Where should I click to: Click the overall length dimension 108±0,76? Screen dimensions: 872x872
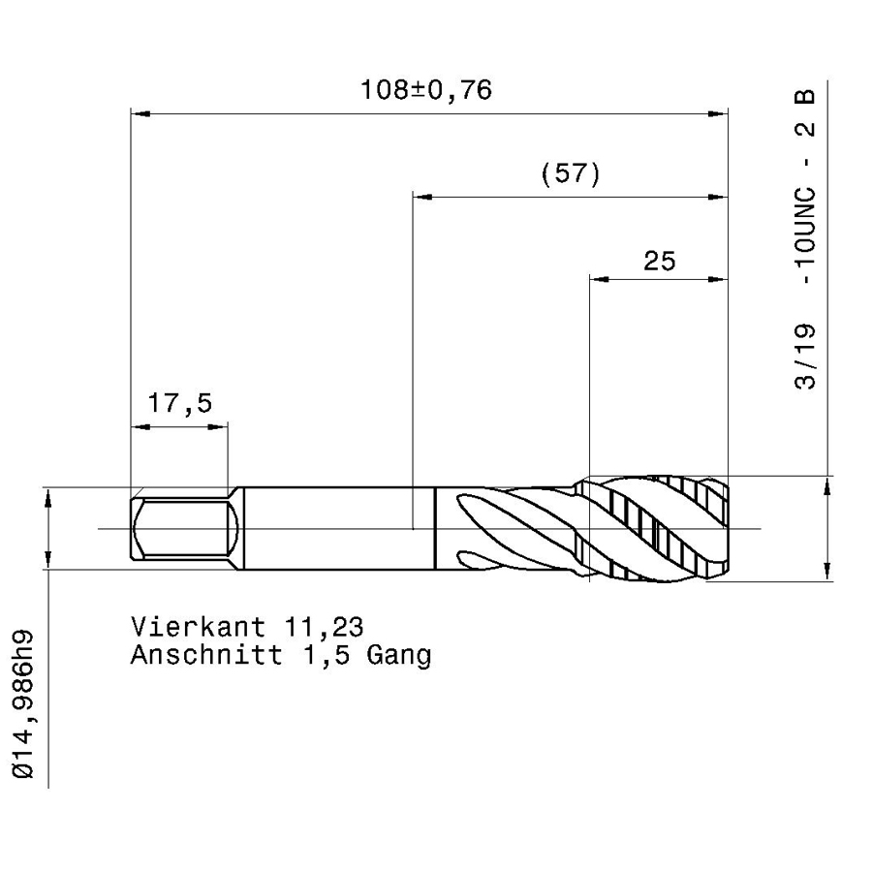coord(426,90)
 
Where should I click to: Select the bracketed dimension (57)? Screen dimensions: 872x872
coord(571,174)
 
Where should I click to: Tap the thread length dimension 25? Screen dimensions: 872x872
coord(660,261)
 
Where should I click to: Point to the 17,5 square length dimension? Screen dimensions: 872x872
coord(179,403)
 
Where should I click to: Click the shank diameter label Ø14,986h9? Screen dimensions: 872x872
coord(23,705)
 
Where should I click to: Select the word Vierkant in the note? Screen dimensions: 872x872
coord(198,627)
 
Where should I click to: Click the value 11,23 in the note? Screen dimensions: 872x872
coord(324,628)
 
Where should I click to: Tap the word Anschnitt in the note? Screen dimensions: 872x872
coord(206,655)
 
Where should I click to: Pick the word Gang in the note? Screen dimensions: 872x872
coord(399,656)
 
